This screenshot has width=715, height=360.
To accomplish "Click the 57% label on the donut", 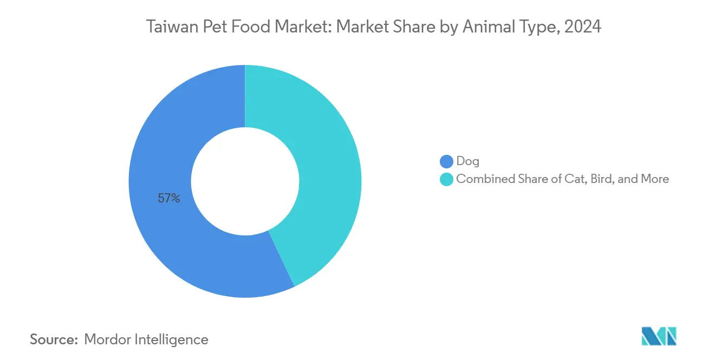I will (x=168, y=199).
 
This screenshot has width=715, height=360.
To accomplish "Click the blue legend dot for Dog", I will (x=446, y=161).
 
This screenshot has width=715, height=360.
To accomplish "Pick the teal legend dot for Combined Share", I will (x=446, y=179).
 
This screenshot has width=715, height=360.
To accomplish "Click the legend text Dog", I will (x=467, y=161).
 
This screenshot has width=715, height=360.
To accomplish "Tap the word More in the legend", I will (x=655, y=179).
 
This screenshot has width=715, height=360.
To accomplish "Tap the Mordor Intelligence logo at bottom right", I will (x=659, y=336).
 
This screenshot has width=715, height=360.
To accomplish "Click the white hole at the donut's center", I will (x=245, y=181).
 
